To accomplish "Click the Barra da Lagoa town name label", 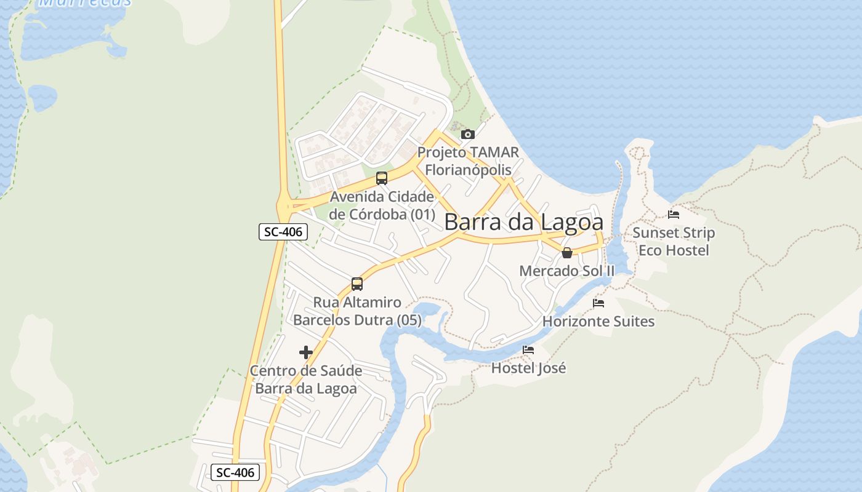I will [x=523, y=222].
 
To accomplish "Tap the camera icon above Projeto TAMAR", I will [x=467, y=134].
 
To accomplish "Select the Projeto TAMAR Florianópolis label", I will [x=468, y=161].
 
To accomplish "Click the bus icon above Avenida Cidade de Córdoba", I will [x=382, y=178].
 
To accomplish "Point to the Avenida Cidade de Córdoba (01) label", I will [x=382, y=206].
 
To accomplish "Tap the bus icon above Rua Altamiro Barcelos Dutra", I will [x=357, y=284].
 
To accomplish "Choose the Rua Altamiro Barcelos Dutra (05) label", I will [x=357, y=311].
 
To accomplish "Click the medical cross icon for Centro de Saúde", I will [x=306, y=352].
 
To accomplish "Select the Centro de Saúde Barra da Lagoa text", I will [x=306, y=379].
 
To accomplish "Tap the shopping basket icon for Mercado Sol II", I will [x=567, y=252].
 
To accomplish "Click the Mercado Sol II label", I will [x=567, y=271].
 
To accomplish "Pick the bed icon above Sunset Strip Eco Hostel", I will [x=674, y=215].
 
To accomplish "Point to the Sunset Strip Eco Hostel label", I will [x=674, y=242].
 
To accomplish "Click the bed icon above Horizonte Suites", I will [x=598, y=303].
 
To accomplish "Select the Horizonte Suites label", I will [x=598, y=321].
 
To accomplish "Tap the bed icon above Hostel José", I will [x=528, y=350].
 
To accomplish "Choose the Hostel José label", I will [x=528, y=368].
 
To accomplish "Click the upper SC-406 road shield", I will [x=283, y=232].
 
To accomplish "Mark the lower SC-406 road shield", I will [x=235, y=472].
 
